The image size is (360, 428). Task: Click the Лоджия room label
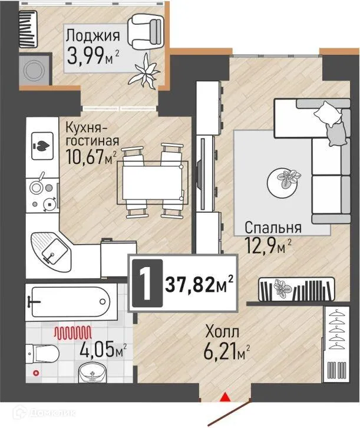(x=93, y=35)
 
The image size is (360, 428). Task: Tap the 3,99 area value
(x=88, y=57)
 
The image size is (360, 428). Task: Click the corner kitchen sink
(x=51, y=249)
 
